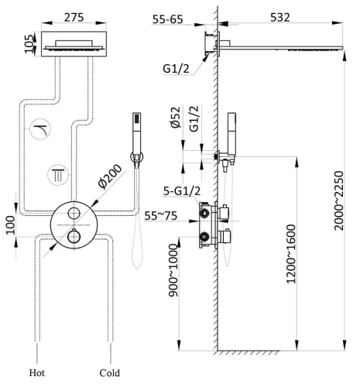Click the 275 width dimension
74,18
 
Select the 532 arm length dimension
280,17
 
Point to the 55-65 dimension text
167,19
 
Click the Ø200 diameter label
109,176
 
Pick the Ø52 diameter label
176,118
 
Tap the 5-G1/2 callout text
182,191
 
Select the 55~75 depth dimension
160,216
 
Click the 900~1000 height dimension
173,270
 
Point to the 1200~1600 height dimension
291,254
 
